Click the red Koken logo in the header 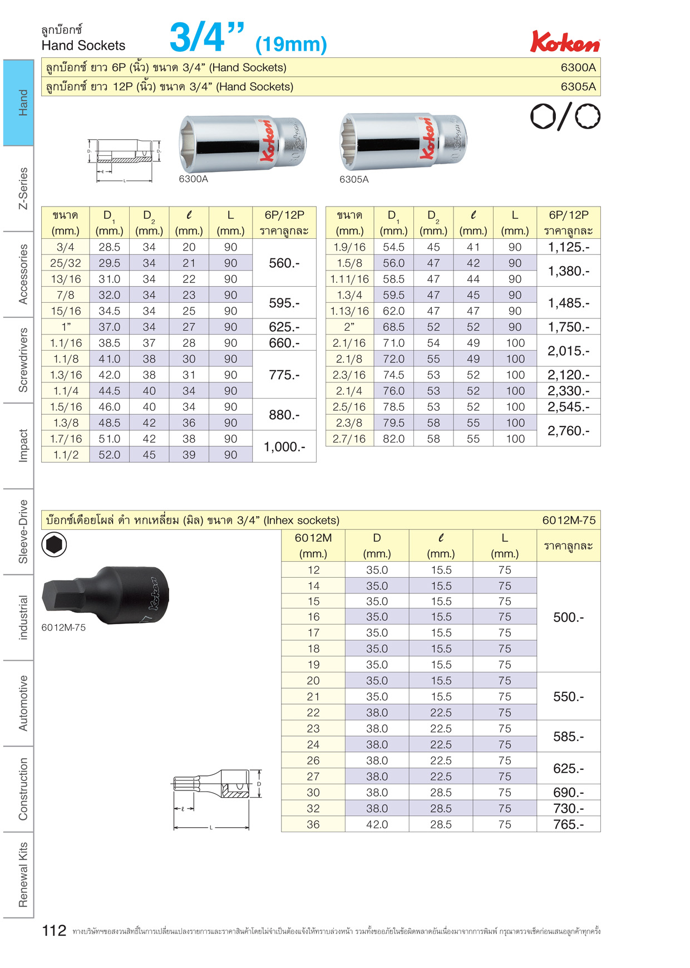tap(565, 42)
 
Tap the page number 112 tap(54, 931)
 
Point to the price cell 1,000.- tap(284, 446)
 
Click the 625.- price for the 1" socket tap(284, 327)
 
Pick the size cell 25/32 tap(65, 263)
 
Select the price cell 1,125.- tap(568, 247)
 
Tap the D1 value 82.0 tap(393, 439)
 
